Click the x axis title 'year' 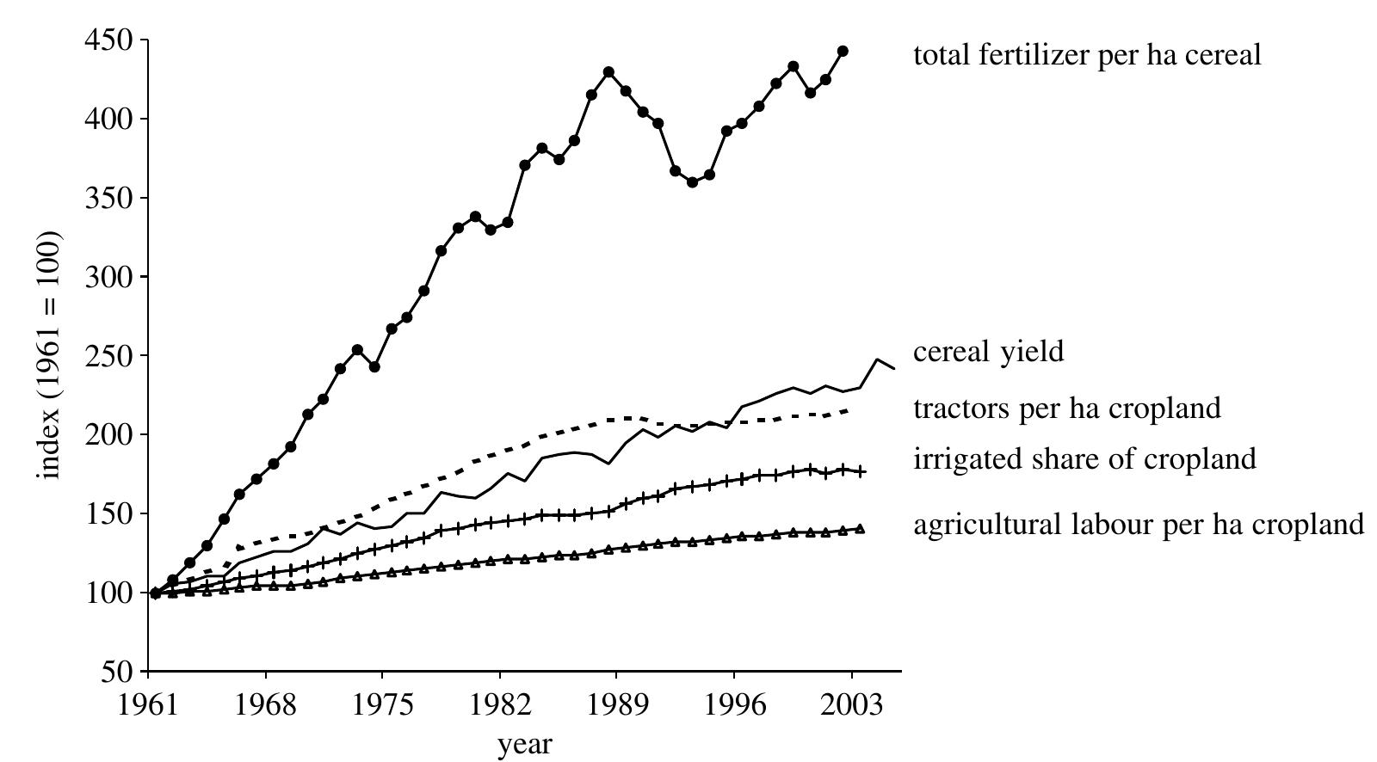click(525, 744)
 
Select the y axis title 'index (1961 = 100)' click(50, 355)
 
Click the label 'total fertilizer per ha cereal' click(1086, 55)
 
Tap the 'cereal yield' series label click(988, 351)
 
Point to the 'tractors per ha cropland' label click(1066, 408)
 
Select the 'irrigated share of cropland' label click(1084, 458)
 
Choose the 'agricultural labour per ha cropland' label click(1138, 524)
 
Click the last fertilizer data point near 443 click(843, 52)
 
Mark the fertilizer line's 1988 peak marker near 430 click(608, 72)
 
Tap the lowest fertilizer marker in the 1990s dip click(692, 182)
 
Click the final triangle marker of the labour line click(860, 529)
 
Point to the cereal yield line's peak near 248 click(877, 359)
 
